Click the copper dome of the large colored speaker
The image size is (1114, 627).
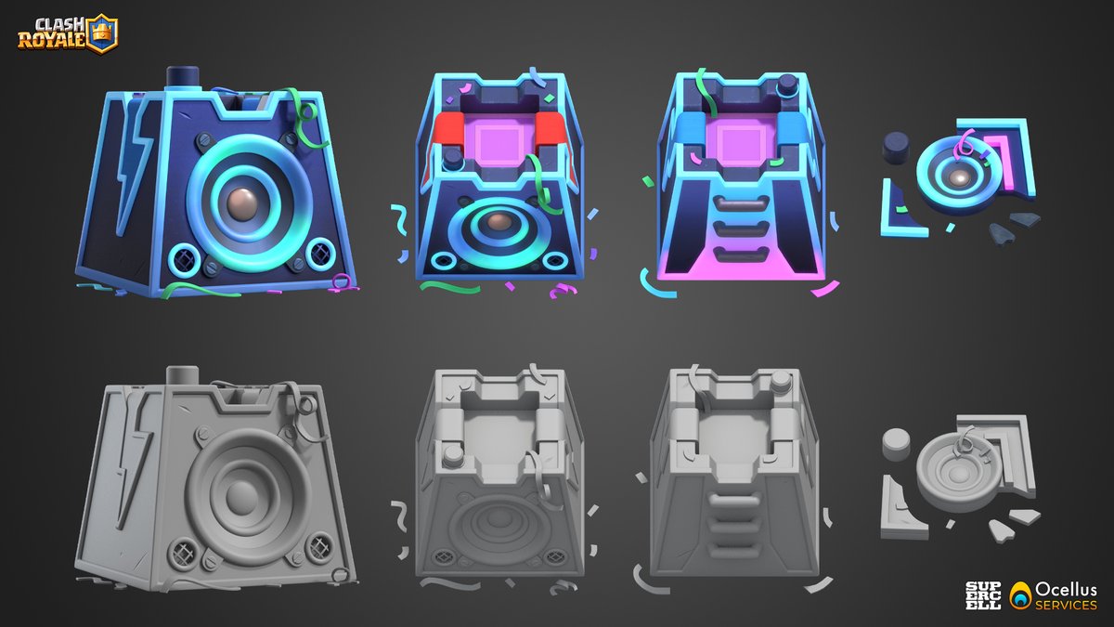(246, 203)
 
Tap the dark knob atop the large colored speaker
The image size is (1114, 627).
(178, 77)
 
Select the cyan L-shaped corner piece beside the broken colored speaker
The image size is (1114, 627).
(898, 214)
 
